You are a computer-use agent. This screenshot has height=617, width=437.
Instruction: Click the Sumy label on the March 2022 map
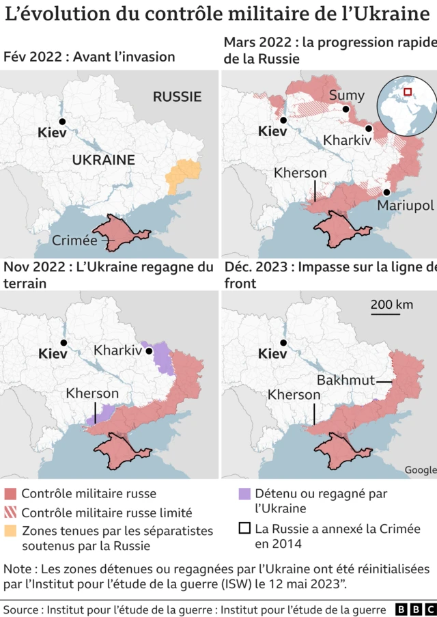click(x=347, y=95)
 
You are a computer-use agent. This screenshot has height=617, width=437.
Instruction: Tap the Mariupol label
click(x=405, y=205)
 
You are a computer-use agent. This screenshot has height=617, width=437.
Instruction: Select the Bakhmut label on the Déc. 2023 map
click(x=346, y=381)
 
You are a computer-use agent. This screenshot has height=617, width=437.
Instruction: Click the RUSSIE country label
click(x=177, y=96)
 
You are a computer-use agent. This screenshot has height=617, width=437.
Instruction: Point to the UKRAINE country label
click(x=104, y=160)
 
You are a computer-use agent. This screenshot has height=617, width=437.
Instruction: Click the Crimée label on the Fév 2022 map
click(x=74, y=240)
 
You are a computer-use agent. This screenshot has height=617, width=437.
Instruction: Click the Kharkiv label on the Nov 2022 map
click(x=117, y=350)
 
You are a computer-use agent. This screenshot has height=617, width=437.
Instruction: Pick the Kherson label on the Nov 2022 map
click(x=92, y=394)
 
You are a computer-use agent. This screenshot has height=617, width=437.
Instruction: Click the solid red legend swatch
click(x=10, y=493)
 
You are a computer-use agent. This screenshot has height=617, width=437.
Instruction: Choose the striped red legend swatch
click(x=10, y=512)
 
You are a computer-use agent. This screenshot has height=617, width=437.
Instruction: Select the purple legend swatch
click(x=244, y=493)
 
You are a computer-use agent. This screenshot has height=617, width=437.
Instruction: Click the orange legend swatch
click(x=10, y=531)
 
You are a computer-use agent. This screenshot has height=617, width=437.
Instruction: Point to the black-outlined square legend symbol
click(x=244, y=529)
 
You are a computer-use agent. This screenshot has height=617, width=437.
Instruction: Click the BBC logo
click(x=412, y=608)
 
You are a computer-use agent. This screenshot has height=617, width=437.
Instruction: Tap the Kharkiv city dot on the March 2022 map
click(x=369, y=128)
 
